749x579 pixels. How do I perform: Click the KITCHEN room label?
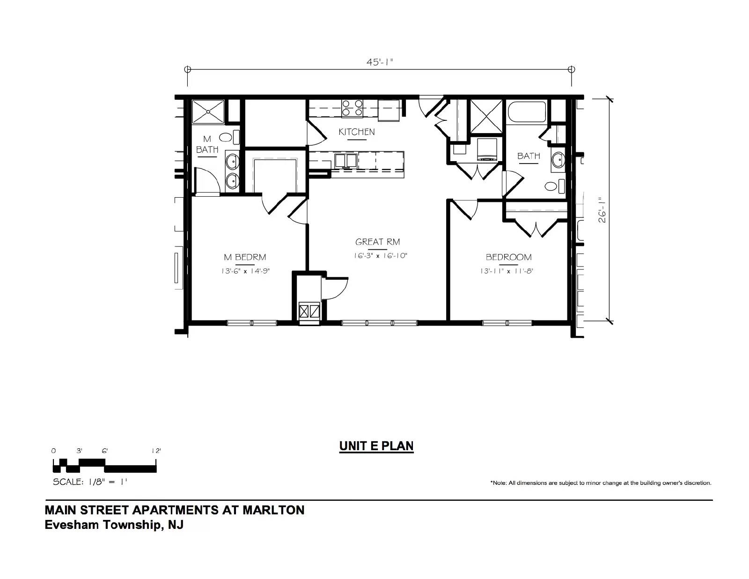click(x=356, y=131)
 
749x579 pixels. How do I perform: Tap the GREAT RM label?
click(x=377, y=242)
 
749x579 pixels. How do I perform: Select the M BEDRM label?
click(x=245, y=257)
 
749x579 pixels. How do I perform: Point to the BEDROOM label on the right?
click(x=508, y=257)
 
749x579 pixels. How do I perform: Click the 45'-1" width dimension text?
click(x=380, y=62)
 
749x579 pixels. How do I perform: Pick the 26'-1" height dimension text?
click(x=602, y=210)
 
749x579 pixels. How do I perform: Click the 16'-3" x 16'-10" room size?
click(x=381, y=255)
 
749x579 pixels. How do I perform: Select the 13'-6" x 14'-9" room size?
click(x=245, y=271)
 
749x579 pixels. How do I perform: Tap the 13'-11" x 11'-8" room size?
click(x=507, y=271)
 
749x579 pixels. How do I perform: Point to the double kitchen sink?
click(x=346, y=161)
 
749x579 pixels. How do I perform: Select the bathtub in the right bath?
click(x=526, y=112)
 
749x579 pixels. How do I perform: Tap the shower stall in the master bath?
click(x=208, y=112)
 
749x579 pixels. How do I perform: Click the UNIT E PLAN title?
click(x=376, y=446)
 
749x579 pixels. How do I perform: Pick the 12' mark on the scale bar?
click(x=156, y=451)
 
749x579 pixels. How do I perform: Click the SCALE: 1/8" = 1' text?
click(x=90, y=482)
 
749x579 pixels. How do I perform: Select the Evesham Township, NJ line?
click(x=114, y=525)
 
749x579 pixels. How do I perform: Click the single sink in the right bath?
click(x=558, y=160)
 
